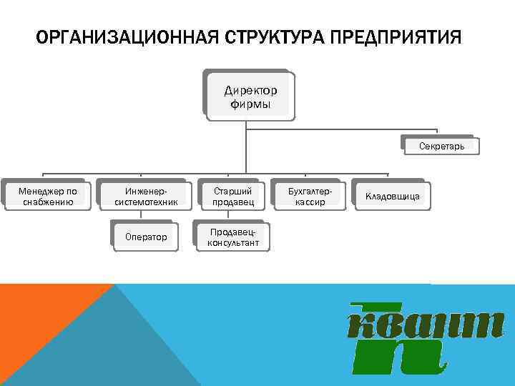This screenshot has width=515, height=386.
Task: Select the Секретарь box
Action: (441, 147)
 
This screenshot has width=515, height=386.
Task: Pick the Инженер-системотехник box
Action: (145, 196)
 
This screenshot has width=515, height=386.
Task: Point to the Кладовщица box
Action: (393, 196)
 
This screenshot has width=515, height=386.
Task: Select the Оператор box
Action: (145, 237)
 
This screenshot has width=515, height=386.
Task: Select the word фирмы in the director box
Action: (250, 104)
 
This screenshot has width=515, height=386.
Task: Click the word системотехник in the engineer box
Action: (145, 202)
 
